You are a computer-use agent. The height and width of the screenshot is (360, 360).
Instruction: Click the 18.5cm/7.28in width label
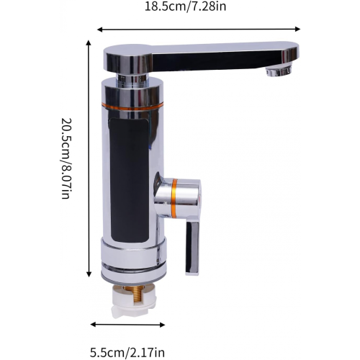(x=185, y=6)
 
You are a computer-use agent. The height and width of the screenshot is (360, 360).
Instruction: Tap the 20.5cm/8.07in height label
(x=66, y=158)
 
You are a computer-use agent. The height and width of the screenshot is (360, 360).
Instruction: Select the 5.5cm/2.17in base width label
(x=127, y=353)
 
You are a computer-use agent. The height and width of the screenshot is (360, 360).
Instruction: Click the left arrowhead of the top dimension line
(x=100, y=30)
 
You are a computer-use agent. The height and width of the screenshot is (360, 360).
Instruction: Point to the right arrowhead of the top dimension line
(x=297, y=29)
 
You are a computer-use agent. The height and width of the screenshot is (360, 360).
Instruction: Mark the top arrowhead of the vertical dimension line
(x=89, y=43)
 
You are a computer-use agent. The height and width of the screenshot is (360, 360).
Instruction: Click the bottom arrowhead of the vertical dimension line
(x=89, y=274)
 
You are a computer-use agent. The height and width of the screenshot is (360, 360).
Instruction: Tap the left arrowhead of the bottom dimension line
(x=94, y=325)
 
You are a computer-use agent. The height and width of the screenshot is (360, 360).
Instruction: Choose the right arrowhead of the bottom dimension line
(x=162, y=325)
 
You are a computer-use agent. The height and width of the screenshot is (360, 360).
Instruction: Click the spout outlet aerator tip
(x=279, y=71)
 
